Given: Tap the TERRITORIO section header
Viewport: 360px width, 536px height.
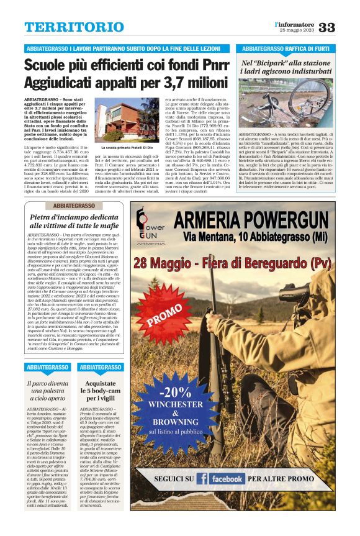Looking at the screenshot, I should (65, 27).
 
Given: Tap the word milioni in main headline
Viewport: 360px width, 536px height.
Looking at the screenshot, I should (200, 83).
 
